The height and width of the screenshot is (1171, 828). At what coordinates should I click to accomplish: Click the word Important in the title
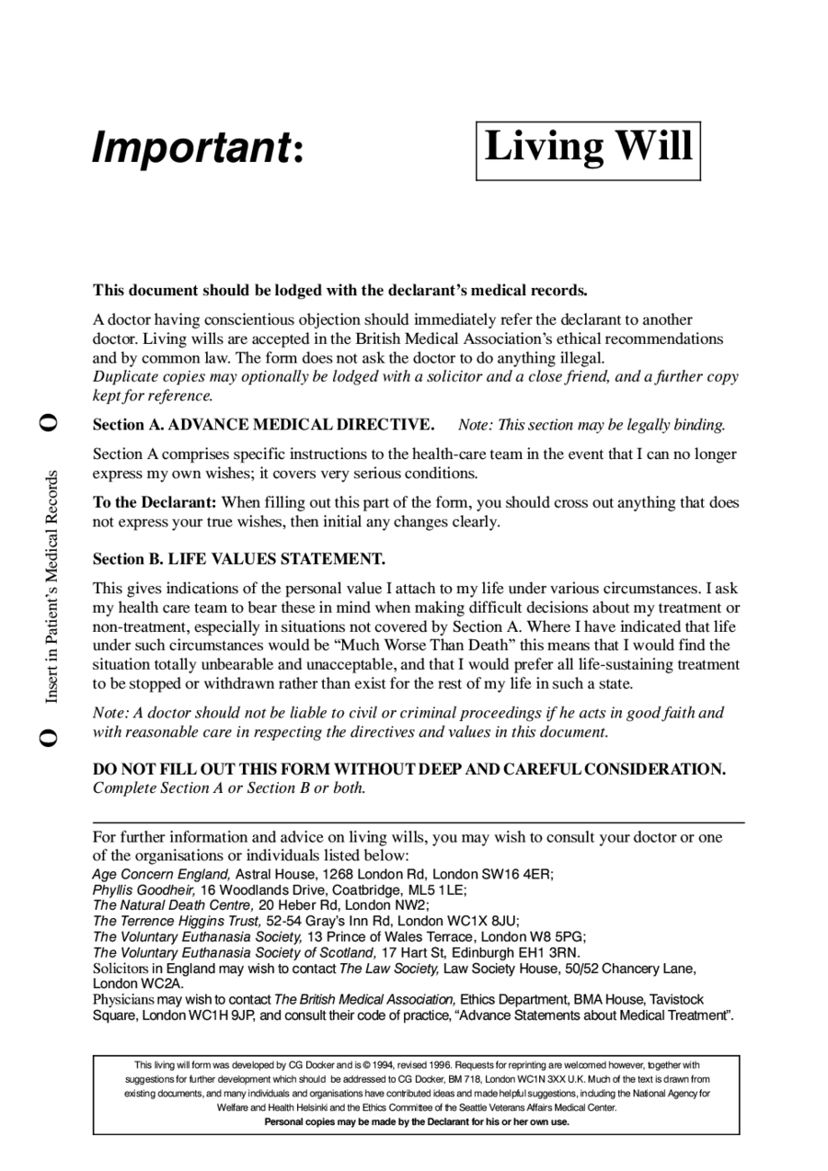pos(190,148)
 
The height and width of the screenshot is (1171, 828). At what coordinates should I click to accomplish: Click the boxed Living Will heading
pos(588,147)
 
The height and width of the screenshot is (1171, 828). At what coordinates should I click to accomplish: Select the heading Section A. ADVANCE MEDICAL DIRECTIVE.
pos(263,425)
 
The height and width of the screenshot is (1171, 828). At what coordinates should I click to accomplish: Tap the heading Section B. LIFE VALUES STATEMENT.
pos(239,559)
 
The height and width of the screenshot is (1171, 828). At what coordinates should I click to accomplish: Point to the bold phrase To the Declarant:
pos(155,503)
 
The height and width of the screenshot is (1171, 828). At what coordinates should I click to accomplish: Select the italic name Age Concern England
pos(162,874)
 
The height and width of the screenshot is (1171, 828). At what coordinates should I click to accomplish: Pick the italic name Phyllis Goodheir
pos(144,890)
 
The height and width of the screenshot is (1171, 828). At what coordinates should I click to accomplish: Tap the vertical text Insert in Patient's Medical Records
pos(52,587)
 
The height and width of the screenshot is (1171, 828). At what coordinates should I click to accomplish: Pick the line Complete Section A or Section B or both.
pos(229,788)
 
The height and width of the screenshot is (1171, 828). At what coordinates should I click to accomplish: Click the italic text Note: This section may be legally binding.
pos(592,425)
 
